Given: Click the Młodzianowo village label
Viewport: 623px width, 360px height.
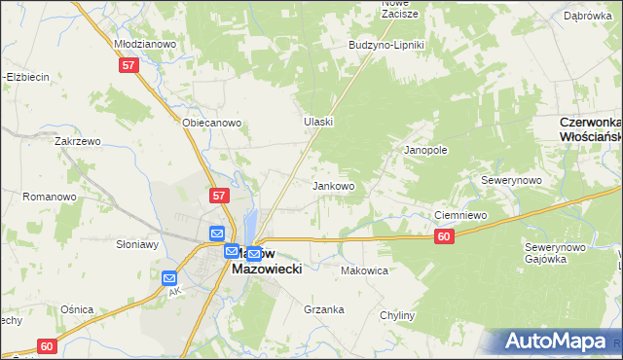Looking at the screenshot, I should (x=145, y=44).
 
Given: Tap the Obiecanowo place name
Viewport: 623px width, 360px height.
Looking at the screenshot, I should (x=211, y=124).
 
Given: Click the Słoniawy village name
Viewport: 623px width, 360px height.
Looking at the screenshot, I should (x=137, y=244).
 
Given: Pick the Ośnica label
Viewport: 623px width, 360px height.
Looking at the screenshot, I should (x=76, y=308).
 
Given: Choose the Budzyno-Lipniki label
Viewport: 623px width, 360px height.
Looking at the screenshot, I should (x=387, y=46).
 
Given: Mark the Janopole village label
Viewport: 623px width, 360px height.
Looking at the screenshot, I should (x=425, y=151).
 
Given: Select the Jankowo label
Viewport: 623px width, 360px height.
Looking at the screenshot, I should (x=333, y=185).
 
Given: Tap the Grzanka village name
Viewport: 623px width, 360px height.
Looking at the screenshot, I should (x=324, y=310).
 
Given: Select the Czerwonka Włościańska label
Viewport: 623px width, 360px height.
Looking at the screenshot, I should (x=591, y=130).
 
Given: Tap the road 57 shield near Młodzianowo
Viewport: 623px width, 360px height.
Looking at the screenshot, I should (x=129, y=65).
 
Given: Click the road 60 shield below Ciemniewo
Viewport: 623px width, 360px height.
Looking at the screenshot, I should (x=444, y=236).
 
